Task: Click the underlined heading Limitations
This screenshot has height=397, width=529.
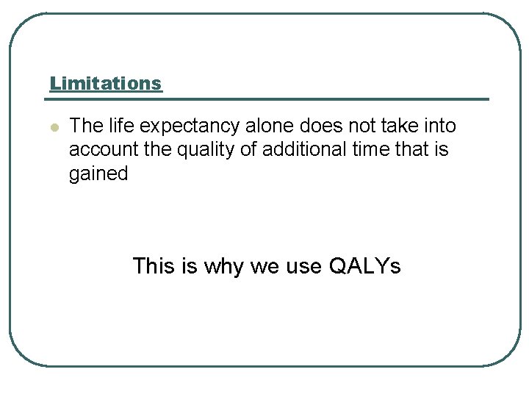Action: pyautogui.click(x=106, y=83)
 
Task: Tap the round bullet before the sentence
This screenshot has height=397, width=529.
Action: pyautogui.click(x=53, y=127)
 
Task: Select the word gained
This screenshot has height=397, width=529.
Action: pyautogui.click(x=98, y=174)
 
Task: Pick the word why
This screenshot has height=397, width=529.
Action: pyautogui.click(x=220, y=266)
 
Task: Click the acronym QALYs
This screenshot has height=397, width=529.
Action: pyautogui.click(x=365, y=265)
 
